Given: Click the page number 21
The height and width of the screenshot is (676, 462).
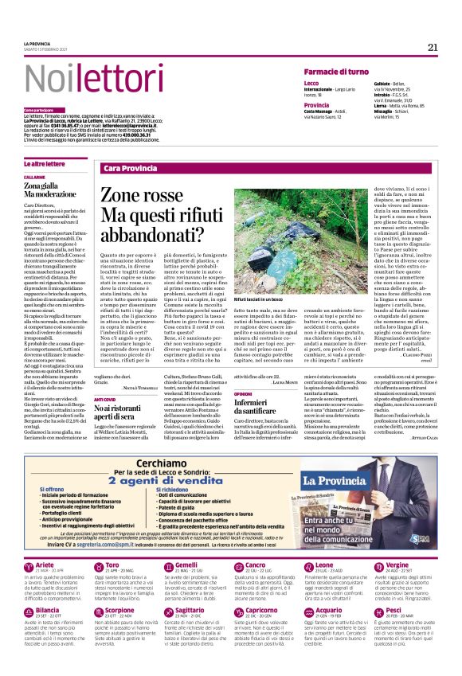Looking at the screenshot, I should tap(433, 47).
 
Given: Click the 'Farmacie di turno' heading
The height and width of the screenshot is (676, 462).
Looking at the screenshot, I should tap(335, 72).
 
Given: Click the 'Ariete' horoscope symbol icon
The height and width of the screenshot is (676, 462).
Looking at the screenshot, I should tap(29, 588).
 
